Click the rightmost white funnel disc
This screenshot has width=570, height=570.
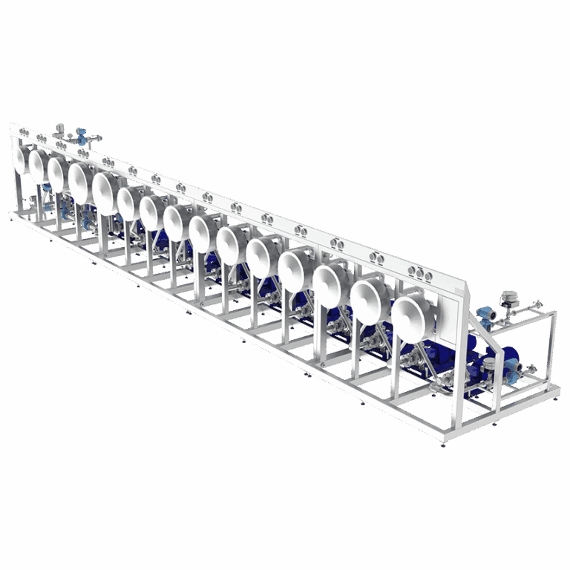coord(413,317)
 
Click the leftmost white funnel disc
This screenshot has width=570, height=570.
coord(20,159)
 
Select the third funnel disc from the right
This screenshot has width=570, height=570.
coord(331,284)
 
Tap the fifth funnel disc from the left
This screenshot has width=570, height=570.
coord(106,193)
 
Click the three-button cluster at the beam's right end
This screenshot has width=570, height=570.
coord(423,274)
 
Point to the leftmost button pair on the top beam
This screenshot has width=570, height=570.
coord(23,134)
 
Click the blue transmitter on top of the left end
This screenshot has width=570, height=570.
coord(82,136)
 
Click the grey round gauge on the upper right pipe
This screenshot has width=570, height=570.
coord(509,298)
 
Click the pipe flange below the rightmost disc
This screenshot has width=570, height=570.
coord(407,361)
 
